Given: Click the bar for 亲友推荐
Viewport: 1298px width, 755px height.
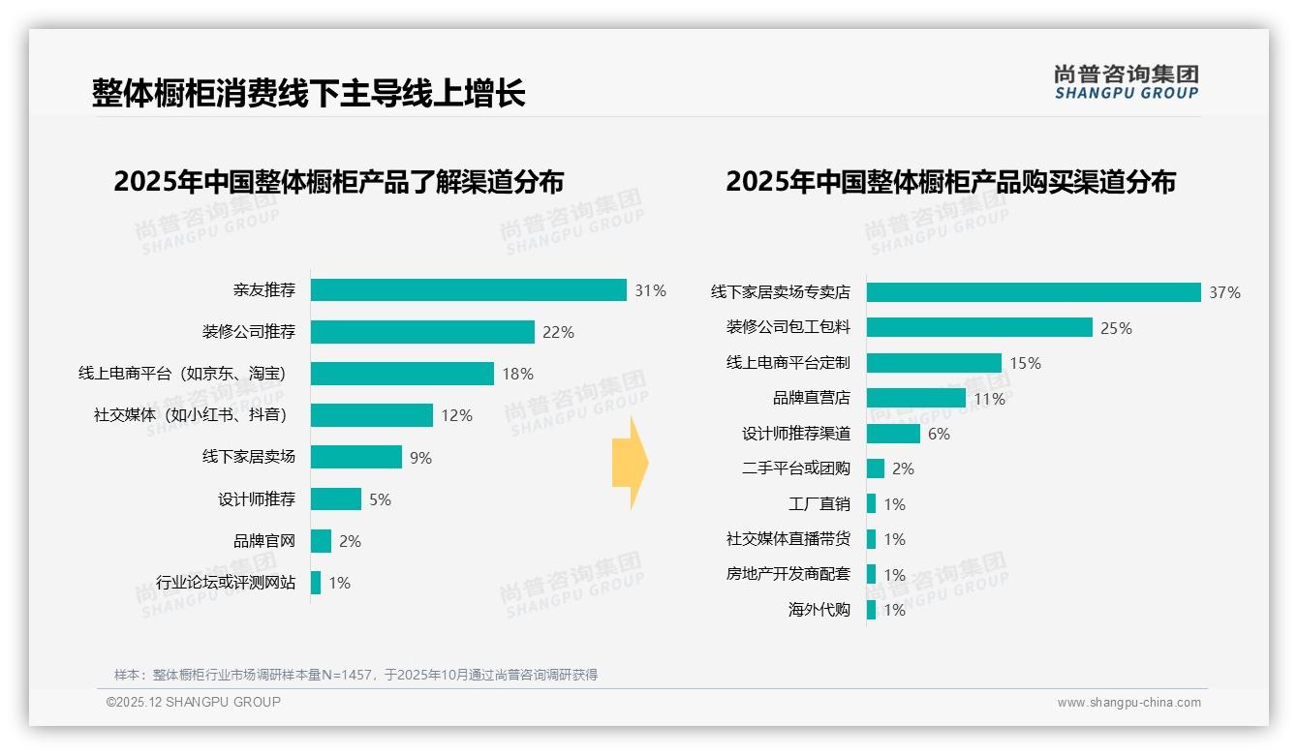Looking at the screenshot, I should (x=469, y=290).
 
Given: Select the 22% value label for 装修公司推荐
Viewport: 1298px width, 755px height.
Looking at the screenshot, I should (x=558, y=332).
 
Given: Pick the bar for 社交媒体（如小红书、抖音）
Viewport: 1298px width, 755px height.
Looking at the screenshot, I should (x=372, y=415).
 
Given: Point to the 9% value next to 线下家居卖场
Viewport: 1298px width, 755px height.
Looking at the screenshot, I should (x=420, y=458).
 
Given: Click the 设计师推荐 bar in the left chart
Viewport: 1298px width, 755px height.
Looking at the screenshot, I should (x=336, y=499).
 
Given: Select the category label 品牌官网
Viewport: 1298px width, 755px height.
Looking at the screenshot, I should (x=263, y=541).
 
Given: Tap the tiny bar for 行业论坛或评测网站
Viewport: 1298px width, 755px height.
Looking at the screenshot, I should (x=316, y=583).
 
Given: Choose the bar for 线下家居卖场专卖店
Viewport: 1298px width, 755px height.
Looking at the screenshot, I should (x=1034, y=292).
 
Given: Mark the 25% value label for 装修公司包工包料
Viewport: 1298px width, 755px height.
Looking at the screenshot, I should (x=1116, y=328).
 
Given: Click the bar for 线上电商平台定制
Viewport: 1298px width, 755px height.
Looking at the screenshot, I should (x=934, y=363).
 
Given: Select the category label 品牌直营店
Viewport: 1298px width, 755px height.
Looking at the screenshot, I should (x=811, y=398).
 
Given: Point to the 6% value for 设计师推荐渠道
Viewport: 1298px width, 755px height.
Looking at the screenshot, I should (x=939, y=434).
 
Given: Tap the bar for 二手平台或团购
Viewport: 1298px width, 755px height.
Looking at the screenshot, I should (x=876, y=468).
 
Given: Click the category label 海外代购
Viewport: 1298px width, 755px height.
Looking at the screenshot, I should (x=819, y=610).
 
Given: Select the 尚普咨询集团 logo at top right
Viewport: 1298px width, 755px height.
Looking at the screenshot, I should (x=1126, y=81).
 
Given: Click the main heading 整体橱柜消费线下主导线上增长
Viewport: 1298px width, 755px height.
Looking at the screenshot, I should (x=309, y=93).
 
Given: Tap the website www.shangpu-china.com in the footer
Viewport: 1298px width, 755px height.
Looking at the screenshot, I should (x=1128, y=703).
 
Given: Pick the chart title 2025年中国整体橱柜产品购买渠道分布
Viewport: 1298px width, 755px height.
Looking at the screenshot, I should (x=950, y=182).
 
